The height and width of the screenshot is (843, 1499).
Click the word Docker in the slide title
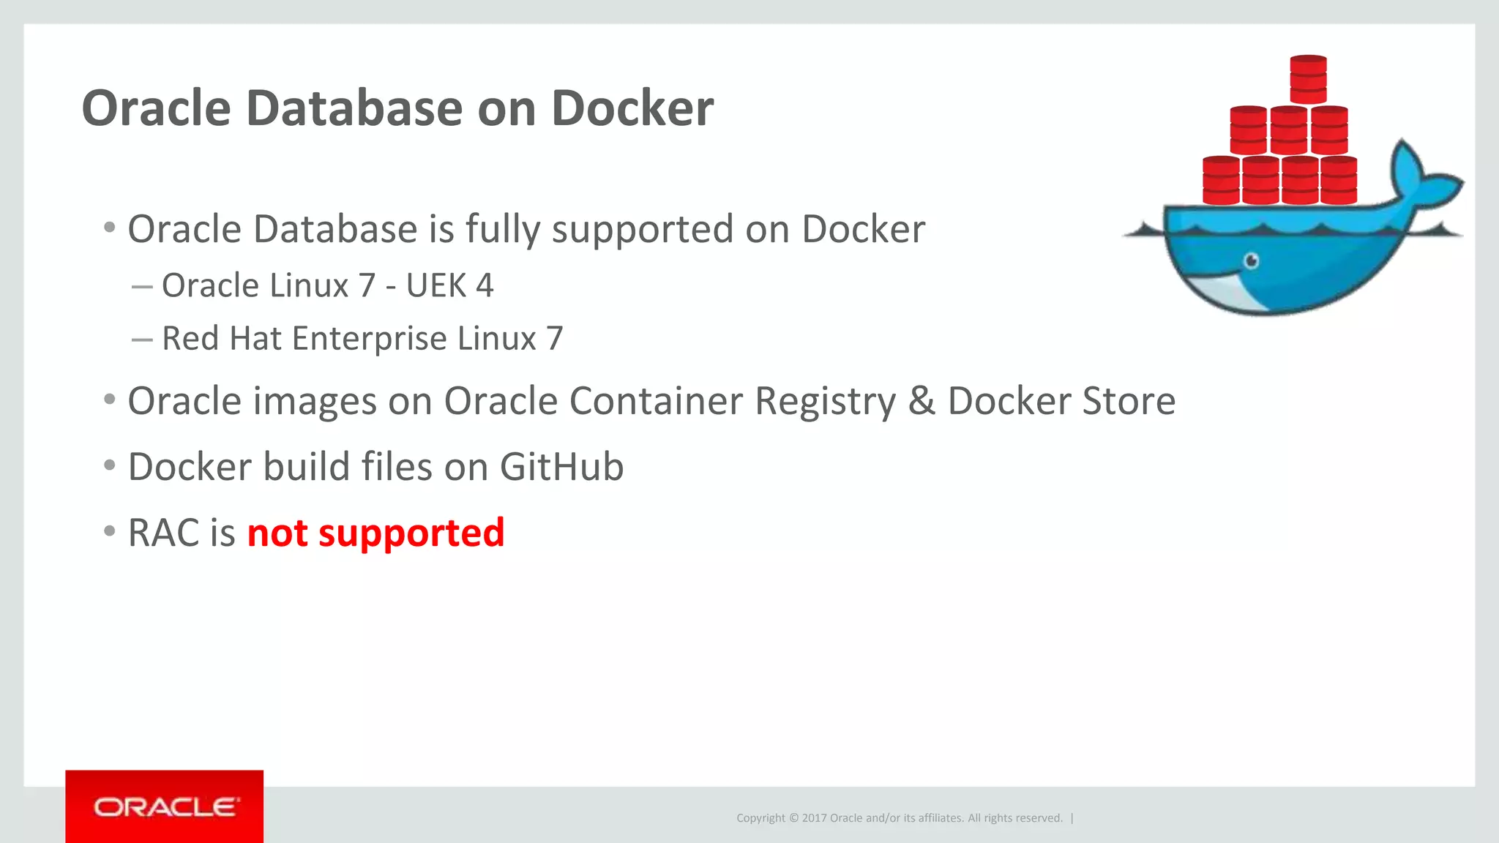tap(632, 108)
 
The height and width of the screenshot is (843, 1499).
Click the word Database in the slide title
tap(354, 108)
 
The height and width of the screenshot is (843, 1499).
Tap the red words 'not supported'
tap(375, 533)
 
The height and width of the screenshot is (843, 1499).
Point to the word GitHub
tap(561, 467)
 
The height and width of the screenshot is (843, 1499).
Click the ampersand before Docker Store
tap(922, 401)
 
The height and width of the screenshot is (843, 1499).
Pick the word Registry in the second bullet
tap(825, 401)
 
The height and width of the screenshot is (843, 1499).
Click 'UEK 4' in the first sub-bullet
tap(449, 285)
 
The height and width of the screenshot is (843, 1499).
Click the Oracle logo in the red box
tap(165, 807)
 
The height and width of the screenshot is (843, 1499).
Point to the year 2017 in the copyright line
tap(814, 818)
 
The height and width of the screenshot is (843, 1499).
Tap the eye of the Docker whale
tap(1252, 261)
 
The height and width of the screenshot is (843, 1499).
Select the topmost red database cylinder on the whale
tap(1308, 79)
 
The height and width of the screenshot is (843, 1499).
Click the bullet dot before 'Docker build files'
tap(110, 465)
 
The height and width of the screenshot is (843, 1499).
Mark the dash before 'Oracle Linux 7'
tap(141, 286)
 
